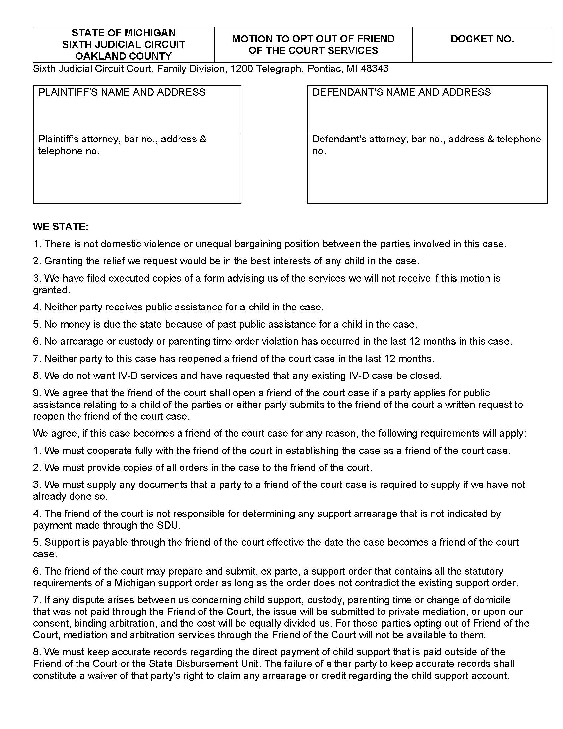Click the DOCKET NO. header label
click(482, 39)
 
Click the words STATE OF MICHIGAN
click(124, 33)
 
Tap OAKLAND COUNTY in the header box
click(124, 56)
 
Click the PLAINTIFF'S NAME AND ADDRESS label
click(122, 92)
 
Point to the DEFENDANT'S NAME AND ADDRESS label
click(402, 92)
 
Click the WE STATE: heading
click(61, 227)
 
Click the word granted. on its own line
click(51, 290)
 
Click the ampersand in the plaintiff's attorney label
click(203, 139)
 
